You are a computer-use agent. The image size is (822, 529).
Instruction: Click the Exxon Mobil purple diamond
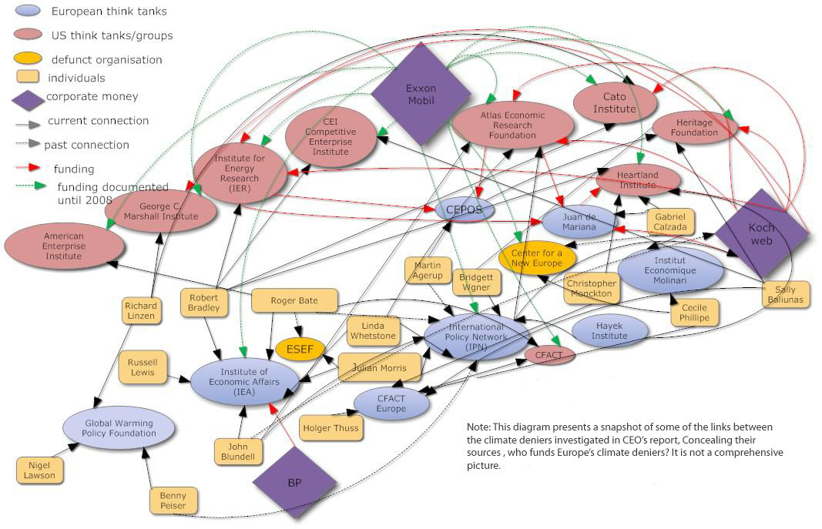[421, 93]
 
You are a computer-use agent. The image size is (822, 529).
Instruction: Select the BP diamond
[294, 482]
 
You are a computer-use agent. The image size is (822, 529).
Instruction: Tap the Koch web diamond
[761, 233]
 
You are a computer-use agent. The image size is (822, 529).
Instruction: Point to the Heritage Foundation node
[696, 128]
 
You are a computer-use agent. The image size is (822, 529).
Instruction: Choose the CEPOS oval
[465, 209]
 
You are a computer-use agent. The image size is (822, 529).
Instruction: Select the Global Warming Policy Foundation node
[119, 428]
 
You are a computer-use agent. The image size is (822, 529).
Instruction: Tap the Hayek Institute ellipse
[609, 330]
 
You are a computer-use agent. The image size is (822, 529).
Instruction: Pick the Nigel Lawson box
[40, 470]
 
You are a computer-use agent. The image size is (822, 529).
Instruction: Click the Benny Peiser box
[173, 501]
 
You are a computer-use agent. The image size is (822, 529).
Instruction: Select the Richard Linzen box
[141, 310]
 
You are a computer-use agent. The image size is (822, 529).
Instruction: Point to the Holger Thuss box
[330, 427]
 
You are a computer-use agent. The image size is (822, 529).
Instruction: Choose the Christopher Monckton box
[591, 288]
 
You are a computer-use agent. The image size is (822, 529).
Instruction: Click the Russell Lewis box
[143, 367]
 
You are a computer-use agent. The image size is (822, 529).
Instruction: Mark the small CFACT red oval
[549, 355]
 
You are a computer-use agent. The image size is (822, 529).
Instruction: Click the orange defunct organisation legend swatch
[30, 59]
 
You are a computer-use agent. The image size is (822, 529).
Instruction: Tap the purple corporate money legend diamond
[28, 99]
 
